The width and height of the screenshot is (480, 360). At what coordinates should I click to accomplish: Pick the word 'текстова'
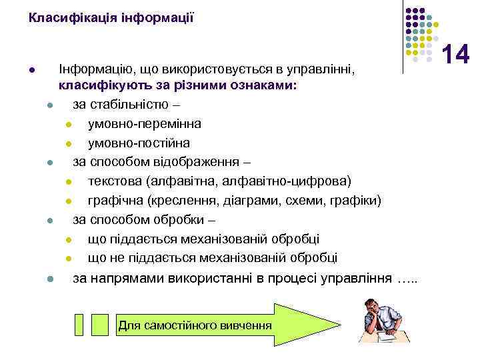(x=115, y=181)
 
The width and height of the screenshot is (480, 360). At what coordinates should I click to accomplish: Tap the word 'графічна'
(x=114, y=201)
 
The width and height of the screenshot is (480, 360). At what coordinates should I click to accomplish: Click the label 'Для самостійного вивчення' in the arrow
(x=195, y=325)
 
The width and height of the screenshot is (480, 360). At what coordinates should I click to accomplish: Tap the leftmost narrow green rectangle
(x=79, y=323)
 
